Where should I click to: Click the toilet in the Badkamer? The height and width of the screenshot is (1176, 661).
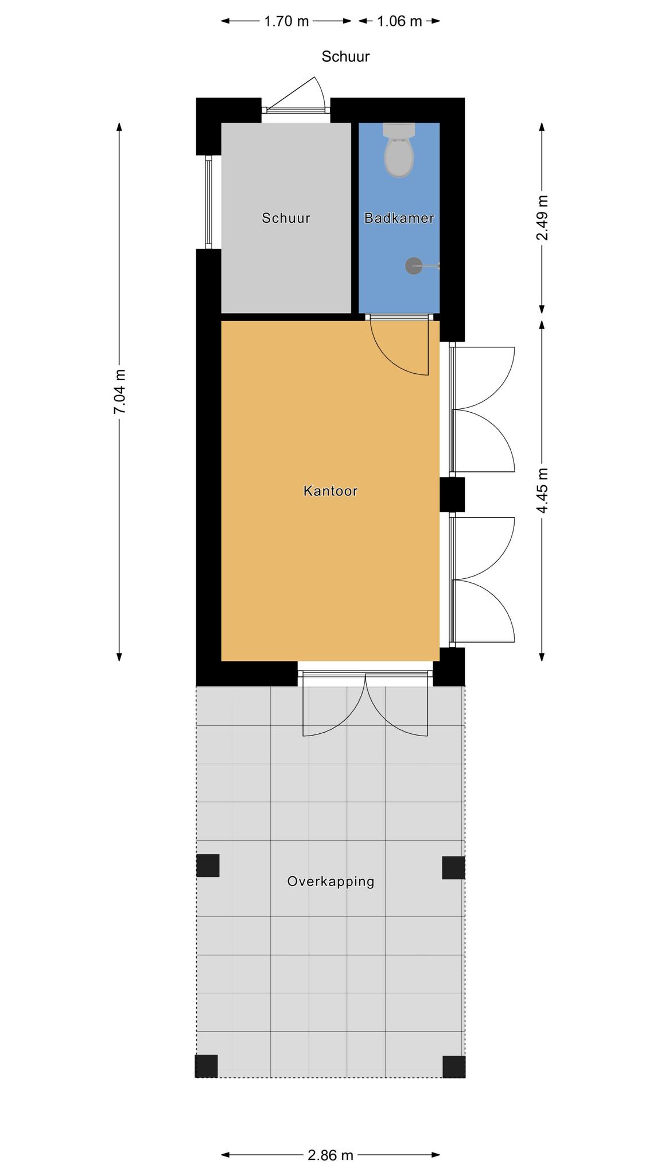click(399, 150)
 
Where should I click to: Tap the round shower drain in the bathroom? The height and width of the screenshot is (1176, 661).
click(414, 266)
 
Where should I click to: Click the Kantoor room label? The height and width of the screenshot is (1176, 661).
click(330, 491)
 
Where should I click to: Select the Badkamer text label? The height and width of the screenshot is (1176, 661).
click(399, 218)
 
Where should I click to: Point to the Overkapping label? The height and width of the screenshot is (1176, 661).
click(331, 881)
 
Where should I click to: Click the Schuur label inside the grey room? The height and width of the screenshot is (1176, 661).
click(286, 218)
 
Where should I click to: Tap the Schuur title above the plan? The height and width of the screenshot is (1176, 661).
click(345, 56)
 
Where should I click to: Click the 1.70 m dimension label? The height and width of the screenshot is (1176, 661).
click(286, 21)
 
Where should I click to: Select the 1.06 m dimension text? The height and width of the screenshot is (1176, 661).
click(399, 21)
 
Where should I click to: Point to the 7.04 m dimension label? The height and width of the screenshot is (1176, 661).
click(119, 391)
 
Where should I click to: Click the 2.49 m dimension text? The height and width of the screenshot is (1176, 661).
click(542, 218)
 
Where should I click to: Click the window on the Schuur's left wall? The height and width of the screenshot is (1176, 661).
click(209, 202)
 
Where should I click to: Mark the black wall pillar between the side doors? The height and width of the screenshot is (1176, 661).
click(452, 494)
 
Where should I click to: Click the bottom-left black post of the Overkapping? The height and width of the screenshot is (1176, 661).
click(207, 1066)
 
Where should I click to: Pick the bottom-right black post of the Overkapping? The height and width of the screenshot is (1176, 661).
click(454, 1067)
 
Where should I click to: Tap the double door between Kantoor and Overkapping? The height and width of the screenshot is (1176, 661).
click(366, 704)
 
